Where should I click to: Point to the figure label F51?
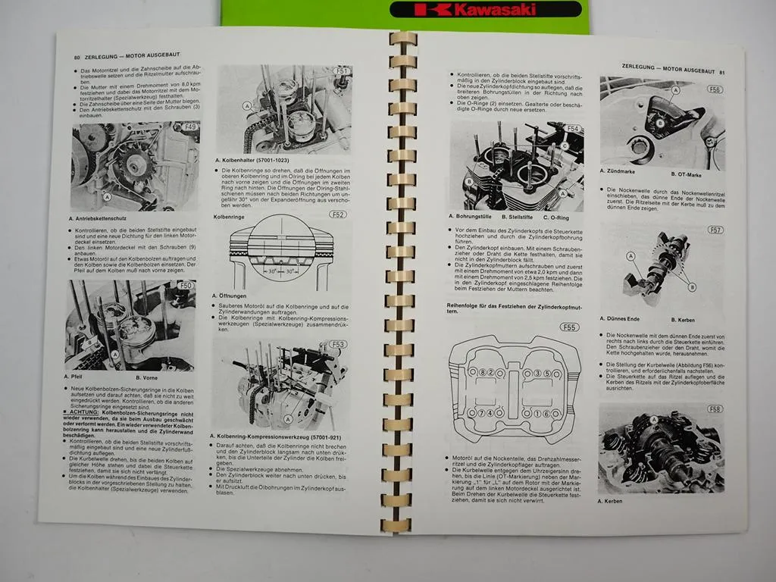tap(342, 71)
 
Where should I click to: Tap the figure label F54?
tap(573, 129)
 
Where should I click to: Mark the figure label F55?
tap(568, 327)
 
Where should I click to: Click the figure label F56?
tap(715, 89)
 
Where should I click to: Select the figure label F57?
tap(715, 230)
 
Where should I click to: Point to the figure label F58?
tap(715, 410)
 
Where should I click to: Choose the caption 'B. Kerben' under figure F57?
tap(686, 319)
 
